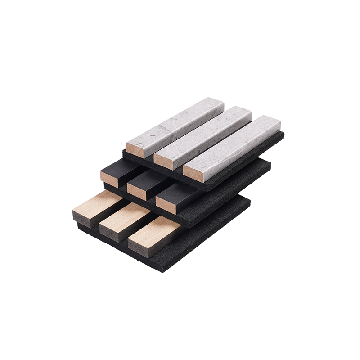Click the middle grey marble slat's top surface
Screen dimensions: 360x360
point(205,133)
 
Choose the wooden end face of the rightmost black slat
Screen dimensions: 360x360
point(166,206)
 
